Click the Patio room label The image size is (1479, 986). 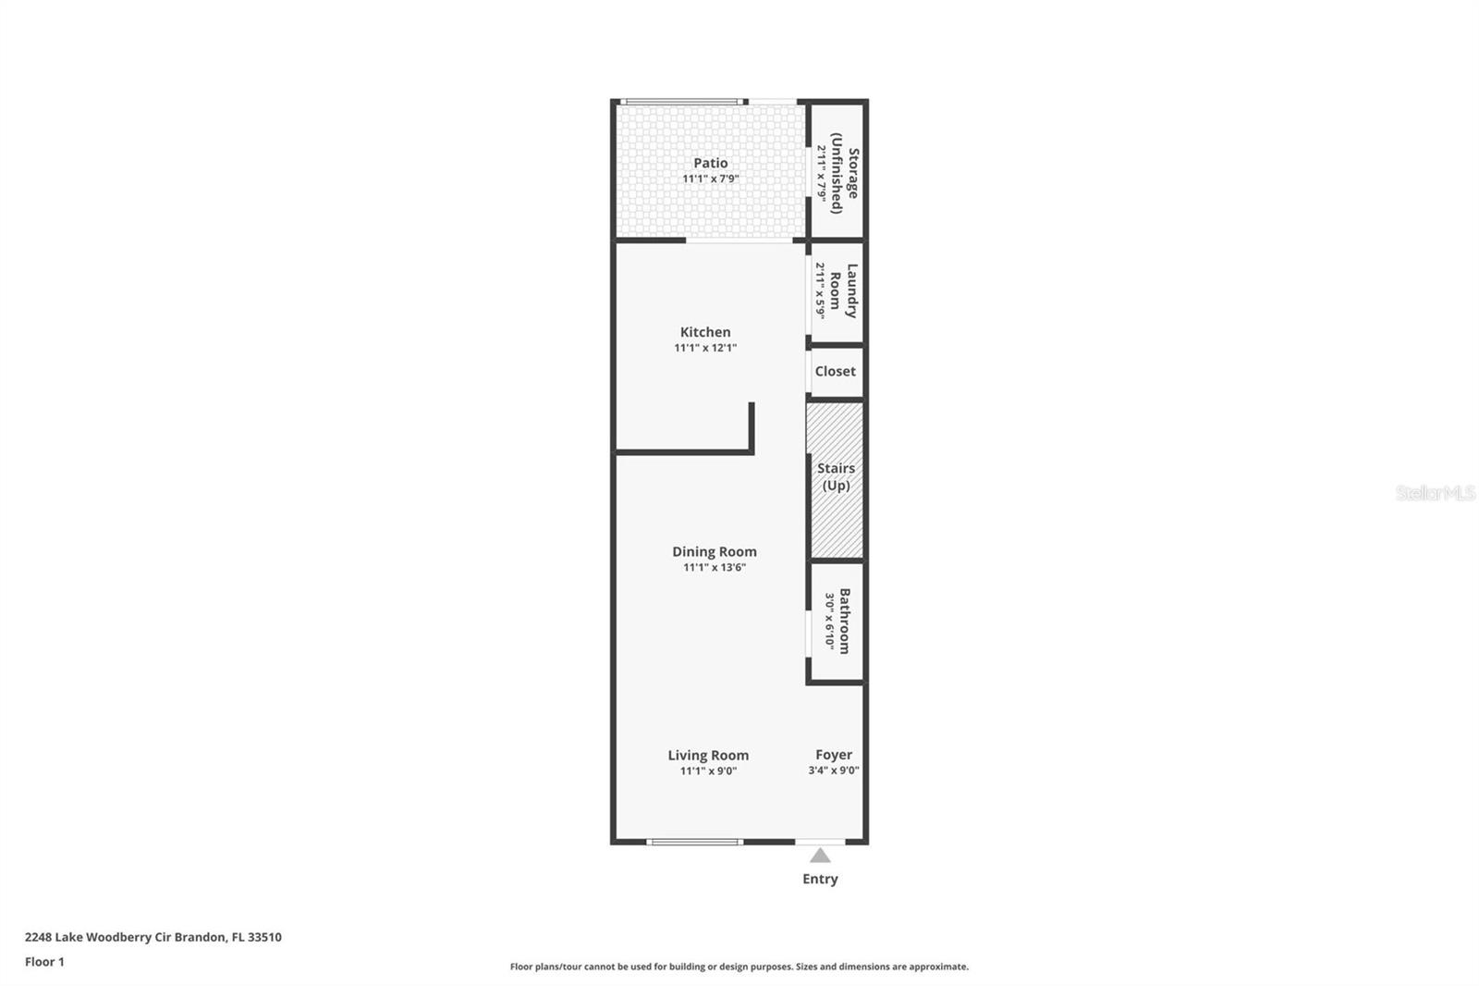click(710, 163)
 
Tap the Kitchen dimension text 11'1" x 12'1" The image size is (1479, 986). click(705, 348)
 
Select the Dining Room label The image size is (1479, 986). click(714, 551)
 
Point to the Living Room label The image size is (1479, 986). click(708, 755)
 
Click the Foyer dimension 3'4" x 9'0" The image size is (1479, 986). click(834, 770)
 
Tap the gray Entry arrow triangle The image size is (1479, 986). click(820, 856)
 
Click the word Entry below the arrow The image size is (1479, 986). click(820, 879)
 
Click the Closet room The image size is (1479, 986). click(836, 371)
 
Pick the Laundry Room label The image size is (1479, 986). click(843, 290)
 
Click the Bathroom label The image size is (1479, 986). click(844, 621)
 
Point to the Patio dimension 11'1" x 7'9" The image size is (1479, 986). click(710, 179)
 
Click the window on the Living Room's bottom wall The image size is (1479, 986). click(694, 842)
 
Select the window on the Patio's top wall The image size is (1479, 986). click(682, 101)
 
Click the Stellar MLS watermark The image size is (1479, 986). click(1435, 493)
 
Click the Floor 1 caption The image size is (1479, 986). click(44, 962)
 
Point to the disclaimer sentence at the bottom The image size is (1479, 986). click(739, 967)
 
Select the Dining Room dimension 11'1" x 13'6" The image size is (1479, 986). click(714, 567)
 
